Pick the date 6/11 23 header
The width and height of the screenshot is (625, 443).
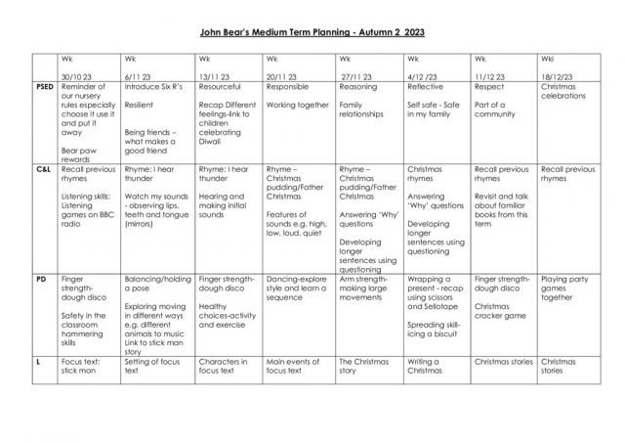[144, 74]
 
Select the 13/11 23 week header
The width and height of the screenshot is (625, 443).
[217, 74]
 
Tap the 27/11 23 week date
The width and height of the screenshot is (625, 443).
[358, 74]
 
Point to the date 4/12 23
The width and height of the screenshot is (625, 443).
[427, 74]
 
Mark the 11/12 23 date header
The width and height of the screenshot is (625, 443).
[493, 74]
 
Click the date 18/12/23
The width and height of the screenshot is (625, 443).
[559, 74]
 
